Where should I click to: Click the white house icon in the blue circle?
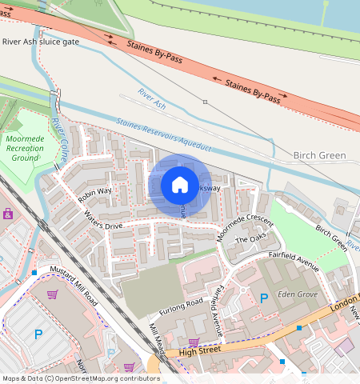(x=180, y=186)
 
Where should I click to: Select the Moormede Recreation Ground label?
(x=25, y=148)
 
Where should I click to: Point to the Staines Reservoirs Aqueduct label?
(x=163, y=135)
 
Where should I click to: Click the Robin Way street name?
(x=94, y=194)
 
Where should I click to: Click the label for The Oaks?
(x=249, y=240)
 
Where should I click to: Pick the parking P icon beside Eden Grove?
(x=264, y=298)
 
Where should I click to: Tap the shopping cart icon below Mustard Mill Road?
(x=52, y=295)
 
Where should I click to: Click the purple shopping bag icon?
(x=8, y=214)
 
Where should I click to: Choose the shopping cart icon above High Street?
(x=193, y=342)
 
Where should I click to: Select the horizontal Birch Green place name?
(x=319, y=155)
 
